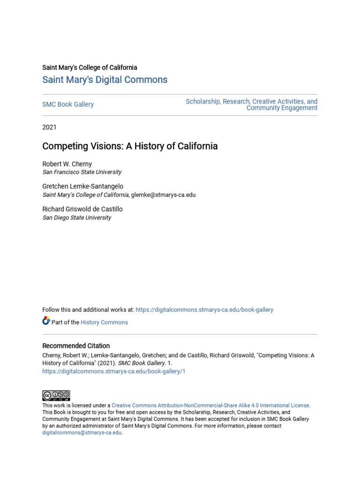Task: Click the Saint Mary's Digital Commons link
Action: click(x=105, y=80)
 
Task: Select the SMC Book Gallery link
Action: click(x=68, y=104)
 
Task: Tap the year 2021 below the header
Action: click(x=49, y=127)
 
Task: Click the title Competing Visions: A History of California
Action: click(x=130, y=146)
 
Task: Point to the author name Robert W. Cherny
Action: click(x=67, y=164)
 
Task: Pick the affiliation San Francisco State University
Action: click(x=82, y=172)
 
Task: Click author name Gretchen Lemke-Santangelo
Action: click(x=82, y=187)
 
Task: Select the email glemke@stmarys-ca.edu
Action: click(x=163, y=195)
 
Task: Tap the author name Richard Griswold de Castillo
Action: click(x=82, y=209)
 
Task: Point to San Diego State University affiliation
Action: click(x=76, y=217)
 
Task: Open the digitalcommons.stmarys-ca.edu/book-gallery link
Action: click(x=204, y=310)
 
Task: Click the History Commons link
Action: click(x=104, y=322)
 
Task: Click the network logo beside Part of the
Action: click(x=46, y=321)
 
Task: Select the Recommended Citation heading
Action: click(x=76, y=346)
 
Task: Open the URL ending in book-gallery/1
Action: click(x=114, y=371)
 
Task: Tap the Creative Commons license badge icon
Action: click(x=56, y=395)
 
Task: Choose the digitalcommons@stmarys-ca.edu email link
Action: click(x=82, y=433)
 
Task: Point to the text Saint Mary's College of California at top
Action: click(x=90, y=67)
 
